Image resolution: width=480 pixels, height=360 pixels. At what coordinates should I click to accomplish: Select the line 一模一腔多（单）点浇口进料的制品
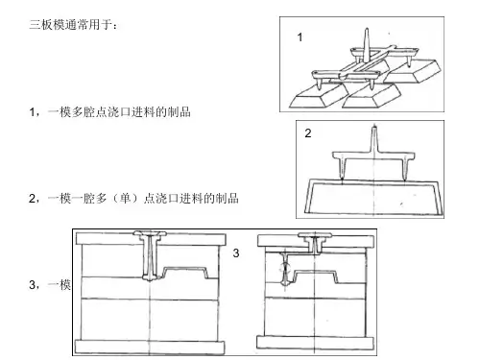[x=143, y=199]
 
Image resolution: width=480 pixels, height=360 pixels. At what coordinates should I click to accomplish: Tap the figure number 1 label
[x=300, y=37]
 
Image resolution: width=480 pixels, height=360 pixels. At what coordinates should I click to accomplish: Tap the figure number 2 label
[x=308, y=133]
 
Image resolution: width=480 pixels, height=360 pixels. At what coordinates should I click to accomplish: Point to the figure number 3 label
[x=236, y=253]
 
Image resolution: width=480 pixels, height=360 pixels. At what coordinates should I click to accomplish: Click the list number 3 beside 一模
[x=33, y=284]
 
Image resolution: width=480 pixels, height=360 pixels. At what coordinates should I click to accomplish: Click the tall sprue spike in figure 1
[x=367, y=44]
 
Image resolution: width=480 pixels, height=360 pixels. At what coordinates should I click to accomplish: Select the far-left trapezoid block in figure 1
[x=318, y=95]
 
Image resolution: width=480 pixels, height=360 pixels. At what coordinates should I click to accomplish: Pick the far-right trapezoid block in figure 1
[x=414, y=71]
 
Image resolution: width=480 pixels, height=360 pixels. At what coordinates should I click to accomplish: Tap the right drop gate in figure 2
[x=406, y=167]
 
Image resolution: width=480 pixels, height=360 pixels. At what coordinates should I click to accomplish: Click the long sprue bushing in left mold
[x=151, y=255]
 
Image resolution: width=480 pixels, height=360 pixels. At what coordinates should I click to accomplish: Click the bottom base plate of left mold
[x=150, y=348]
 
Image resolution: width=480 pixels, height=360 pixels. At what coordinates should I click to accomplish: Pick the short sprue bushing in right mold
[x=315, y=243]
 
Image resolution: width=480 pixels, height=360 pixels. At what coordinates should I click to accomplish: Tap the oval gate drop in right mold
[x=285, y=269]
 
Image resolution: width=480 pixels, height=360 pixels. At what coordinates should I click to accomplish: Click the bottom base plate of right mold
[x=315, y=343]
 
